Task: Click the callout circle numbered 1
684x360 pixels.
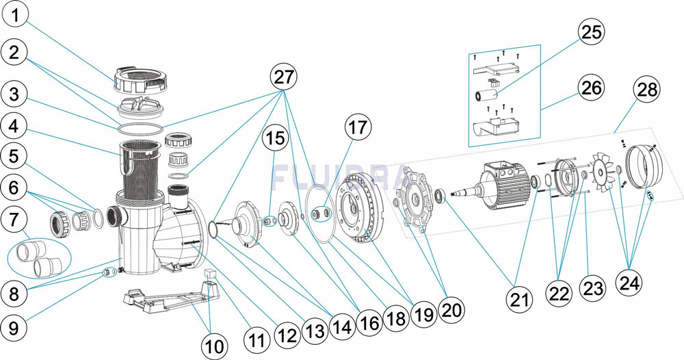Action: [15, 16]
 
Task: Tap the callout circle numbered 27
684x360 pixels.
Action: [284, 77]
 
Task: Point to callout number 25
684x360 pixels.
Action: [591, 32]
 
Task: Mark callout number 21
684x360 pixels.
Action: [520, 299]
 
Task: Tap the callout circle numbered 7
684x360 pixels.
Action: [15, 220]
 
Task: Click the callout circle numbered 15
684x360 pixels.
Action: [276, 138]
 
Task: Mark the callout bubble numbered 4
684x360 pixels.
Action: [15, 127]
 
